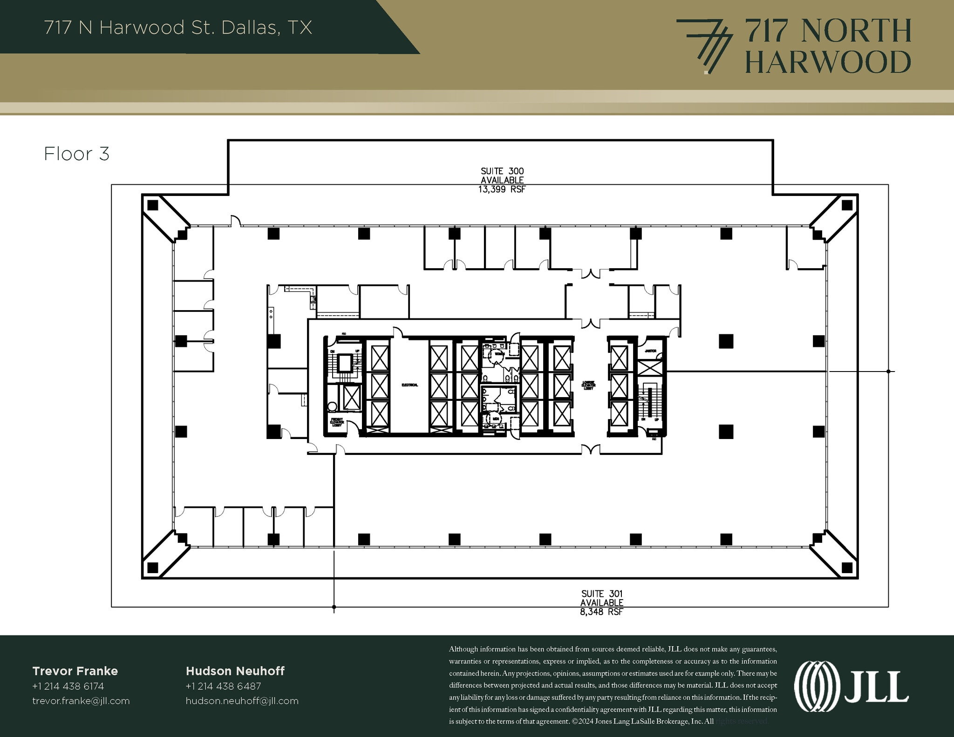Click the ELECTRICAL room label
click(x=409, y=385)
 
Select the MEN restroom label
click(x=496, y=419)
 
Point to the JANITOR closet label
click(x=650, y=351)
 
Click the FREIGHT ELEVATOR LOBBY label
click(x=337, y=422)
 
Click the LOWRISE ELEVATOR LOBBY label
click(x=588, y=385)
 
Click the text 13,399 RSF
click(x=502, y=189)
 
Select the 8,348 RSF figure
click(x=601, y=612)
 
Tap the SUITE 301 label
click(x=602, y=594)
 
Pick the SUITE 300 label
click(x=502, y=171)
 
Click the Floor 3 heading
click(x=76, y=154)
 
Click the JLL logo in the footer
click(x=851, y=686)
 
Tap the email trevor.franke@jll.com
click(x=81, y=701)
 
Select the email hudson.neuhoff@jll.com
click(x=242, y=701)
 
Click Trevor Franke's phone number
click(x=68, y=686)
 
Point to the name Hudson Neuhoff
click(x=235, y=671)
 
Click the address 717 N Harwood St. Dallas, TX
click(x=178, y=27)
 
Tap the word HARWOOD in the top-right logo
click(x=828, y=62)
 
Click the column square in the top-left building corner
click(x=152, y=205)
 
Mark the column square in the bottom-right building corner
click(x=847, y=568)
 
